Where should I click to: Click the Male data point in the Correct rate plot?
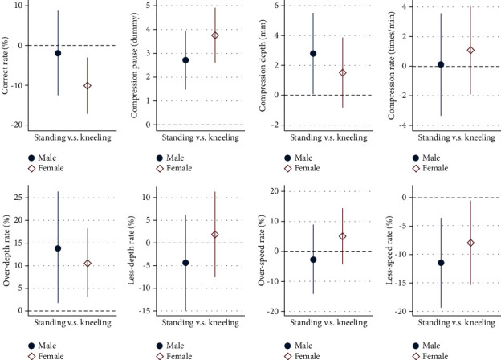point(58,53)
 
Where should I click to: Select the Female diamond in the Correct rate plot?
point(87,85)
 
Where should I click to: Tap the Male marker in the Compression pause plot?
point(185,60)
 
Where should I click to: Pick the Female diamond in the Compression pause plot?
point(214,35)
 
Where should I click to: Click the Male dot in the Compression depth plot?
point(313,54)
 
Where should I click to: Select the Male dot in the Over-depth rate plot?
point(58,248)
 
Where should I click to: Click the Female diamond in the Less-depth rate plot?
point(214,235)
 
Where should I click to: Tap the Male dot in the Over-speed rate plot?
point(313,260)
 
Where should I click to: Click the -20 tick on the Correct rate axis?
point(23,126)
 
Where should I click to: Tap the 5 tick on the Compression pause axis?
point(150,6)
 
